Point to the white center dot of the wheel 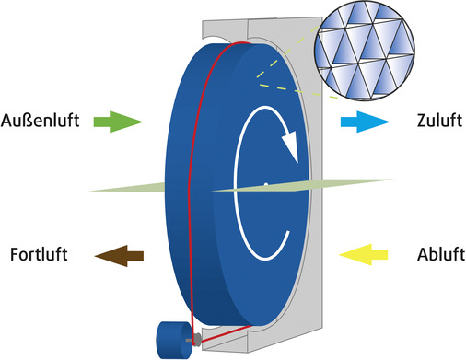coord(265,185)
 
